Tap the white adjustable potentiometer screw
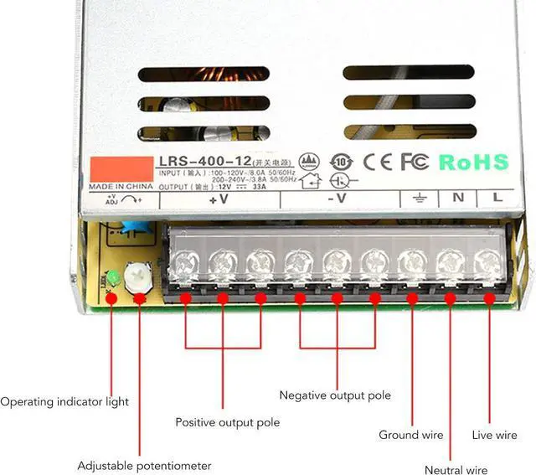(x=137, y=275)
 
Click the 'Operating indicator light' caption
(x=64, y=402)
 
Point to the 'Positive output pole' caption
(x=227, y=422)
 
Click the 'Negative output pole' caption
(x=335, y=395)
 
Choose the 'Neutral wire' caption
(x=456, y=470)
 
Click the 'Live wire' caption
(x=494, y=435)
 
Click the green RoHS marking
(x=474, y=162)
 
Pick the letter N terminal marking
(x=458, y=199)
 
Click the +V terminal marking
(x=219, y=200)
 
